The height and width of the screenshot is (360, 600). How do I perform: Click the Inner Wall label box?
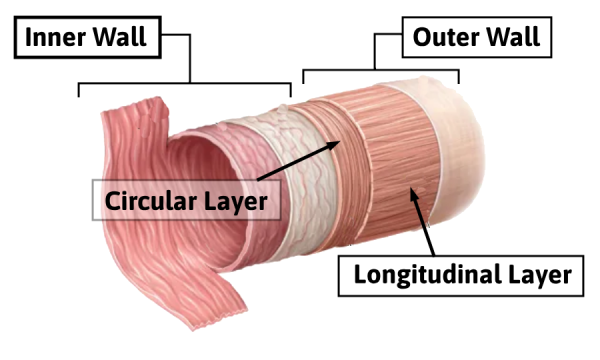tap(84, 39)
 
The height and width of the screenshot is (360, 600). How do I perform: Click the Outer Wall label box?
tap(475, 39)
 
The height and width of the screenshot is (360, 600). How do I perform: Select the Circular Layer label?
tap(187, 200)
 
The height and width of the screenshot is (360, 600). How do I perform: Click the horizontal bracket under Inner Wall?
tap(185, 84)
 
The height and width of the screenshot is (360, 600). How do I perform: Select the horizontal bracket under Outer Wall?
tap(380, 71)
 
